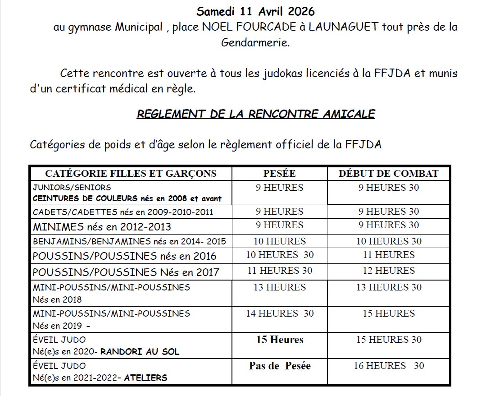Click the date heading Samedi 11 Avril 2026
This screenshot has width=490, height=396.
tap(255, 11)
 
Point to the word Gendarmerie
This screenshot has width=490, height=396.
tap(255, 43)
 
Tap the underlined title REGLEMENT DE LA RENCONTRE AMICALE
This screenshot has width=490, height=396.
tap(255, 114)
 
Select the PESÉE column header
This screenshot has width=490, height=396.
tap(279, 174)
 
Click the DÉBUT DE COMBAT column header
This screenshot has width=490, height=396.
tap(389, 174)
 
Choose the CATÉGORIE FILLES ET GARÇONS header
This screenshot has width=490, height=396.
tap(131, 174)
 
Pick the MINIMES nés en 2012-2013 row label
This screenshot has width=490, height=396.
tap(102, 226)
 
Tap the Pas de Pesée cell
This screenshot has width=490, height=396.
tap(280, 366)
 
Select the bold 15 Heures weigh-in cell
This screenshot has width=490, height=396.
tap(280, 340)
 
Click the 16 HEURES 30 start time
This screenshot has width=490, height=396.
tap(389, 366)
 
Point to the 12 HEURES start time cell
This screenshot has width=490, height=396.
tap(389, 271)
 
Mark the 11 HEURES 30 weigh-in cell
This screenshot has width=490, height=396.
tap(280, 271)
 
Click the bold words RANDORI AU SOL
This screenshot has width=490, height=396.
tap(140, 351)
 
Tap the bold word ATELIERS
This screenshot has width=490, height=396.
tap(145, 378)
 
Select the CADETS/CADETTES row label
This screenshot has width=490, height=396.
tap(123, 212)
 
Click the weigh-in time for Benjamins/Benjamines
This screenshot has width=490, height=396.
tap(280, 241)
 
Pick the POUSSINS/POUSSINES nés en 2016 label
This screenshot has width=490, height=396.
tap(124, 256)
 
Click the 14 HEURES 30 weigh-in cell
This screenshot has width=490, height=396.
tap(280, 313)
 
